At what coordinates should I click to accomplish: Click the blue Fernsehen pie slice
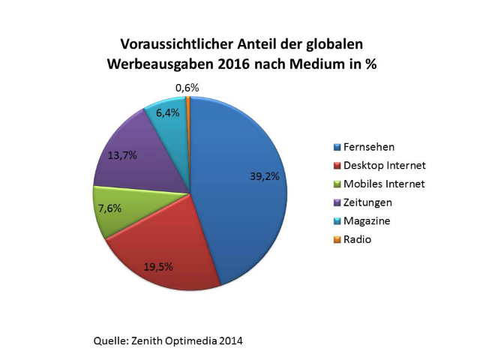(240, 195)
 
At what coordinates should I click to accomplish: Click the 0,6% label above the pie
(187, 88)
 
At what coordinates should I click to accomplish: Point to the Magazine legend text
(367, 221)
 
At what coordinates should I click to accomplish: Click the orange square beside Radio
(338, 240)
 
